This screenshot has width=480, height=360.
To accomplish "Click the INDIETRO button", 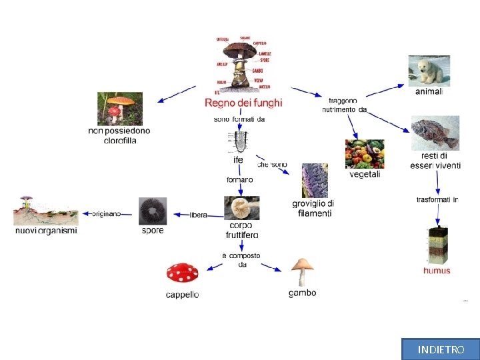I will click(x=441, y=349).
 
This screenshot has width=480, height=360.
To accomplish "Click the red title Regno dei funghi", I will click(x=243, y=103).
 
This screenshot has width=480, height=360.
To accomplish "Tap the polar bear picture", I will click(x=429, y=71).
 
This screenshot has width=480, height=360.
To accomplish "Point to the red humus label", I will click(x=437, y=271).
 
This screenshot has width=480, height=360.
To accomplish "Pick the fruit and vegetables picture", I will click(x=365, y=154).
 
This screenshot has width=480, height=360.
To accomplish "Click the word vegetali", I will click(x=365, y=175).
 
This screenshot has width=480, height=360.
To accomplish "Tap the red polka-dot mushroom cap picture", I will click(x=183, y=273).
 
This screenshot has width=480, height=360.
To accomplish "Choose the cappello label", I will click(x=182, y=295).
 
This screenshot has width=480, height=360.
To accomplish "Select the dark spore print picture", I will click(x=153, y=211).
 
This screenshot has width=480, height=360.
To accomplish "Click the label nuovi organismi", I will click(x=46, y=231).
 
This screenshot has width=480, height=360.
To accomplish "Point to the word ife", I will click(x=238, y=160).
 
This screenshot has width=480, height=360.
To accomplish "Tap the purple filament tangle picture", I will click(x=315, y=180).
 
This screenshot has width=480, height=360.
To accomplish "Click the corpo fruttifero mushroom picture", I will click(x=242, y=208).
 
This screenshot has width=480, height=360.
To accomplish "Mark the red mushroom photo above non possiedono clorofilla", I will click(x=120, y=108).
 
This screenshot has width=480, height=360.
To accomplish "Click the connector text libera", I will click(x=199, y=215).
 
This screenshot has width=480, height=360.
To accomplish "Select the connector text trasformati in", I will click(x=437, y=199).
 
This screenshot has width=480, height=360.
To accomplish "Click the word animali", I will click(x=429, y=92).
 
